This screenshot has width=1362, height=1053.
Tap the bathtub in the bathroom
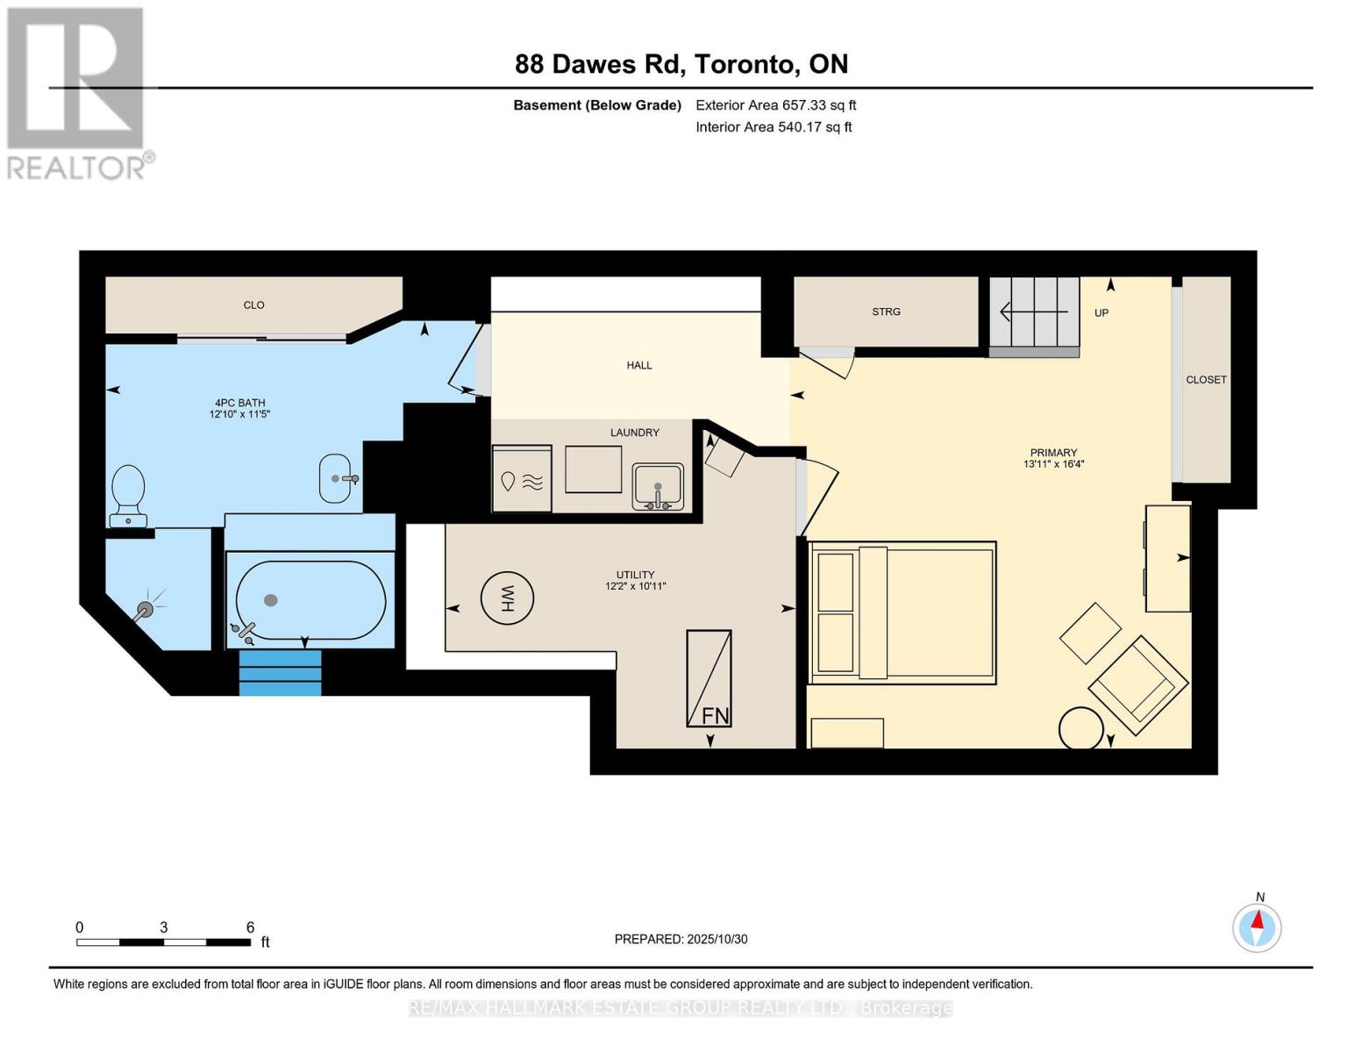310,600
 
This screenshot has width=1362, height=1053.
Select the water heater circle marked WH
507,598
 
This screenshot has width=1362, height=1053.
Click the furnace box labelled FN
709,678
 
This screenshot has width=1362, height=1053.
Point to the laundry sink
658,487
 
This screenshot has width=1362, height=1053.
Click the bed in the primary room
902,612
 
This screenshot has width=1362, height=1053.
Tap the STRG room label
886,312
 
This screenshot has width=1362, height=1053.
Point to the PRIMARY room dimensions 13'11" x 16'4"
1053,464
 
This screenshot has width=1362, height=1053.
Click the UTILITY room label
635,575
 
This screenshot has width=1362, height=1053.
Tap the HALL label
639,365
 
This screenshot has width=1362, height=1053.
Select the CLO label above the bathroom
253,305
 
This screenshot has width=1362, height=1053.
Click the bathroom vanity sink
335,478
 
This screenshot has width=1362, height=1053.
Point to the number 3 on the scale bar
164,928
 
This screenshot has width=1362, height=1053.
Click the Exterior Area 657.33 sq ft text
775,105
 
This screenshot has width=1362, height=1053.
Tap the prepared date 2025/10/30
681,939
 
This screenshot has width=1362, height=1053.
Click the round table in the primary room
1080,728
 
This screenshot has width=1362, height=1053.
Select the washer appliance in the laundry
522,480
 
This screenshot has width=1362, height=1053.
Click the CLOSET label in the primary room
1206,380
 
